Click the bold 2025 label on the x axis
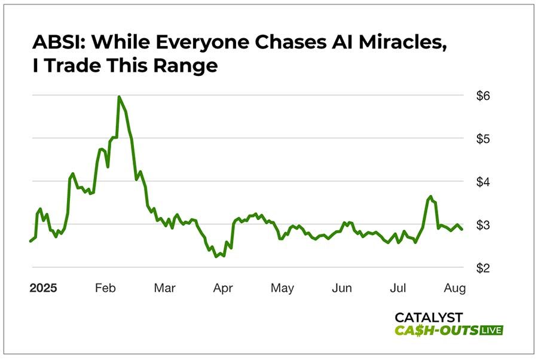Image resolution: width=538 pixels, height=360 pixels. coord(43,288)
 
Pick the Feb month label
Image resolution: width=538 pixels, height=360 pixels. coord(105,288)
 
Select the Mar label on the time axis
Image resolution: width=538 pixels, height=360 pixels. coord(164,288)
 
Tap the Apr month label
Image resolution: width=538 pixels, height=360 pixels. coord(223,288)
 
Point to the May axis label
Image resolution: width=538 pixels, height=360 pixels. coord(282,288)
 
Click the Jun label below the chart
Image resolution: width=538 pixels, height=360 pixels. coord(341,288)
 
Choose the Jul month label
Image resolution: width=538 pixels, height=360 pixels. coord(398,288)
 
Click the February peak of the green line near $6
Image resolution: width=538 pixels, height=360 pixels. coord(119,97)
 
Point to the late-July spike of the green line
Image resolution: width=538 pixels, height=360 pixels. coord(430,196)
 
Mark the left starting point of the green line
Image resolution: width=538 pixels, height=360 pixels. coord(30,241)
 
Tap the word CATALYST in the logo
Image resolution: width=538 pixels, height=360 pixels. coord(429,318)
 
